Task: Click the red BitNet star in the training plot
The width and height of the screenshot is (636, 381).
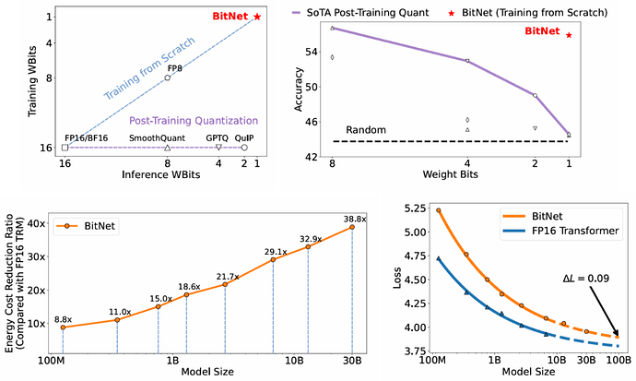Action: [x=257, y=17]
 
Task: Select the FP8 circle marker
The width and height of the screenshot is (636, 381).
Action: [x=167, y=77]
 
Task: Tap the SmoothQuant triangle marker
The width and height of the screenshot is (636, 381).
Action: [x=167, y=148]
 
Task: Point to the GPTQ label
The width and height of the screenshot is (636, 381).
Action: [x=217, y=138]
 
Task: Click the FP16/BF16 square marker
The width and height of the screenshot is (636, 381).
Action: [x=65, y=148]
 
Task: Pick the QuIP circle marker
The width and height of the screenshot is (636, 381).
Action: [x=244, y=148]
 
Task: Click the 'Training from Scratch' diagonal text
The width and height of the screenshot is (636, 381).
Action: [x=149, y=68]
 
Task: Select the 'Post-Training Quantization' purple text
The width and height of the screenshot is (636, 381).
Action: [x=194, y=121]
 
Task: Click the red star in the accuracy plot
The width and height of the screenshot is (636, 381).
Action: [x=569, y=35]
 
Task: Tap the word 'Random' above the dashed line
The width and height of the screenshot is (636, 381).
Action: [x=366, y=130]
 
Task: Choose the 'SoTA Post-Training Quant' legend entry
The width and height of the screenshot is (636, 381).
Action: [x=360, y=13]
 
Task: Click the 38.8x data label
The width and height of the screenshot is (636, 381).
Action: [x=355, y=219]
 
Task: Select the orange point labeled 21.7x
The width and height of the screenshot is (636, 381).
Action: [x=225, y=284]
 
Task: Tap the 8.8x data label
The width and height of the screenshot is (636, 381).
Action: [x=63, y=320]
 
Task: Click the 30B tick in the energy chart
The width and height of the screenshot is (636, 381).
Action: [x=352, y=361]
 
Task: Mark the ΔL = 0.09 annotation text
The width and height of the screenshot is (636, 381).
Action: [x=585, y=279]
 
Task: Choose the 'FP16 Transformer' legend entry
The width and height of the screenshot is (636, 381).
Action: [x=561, y=231]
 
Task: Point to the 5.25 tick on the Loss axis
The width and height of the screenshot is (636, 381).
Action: [x=415, y=208]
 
